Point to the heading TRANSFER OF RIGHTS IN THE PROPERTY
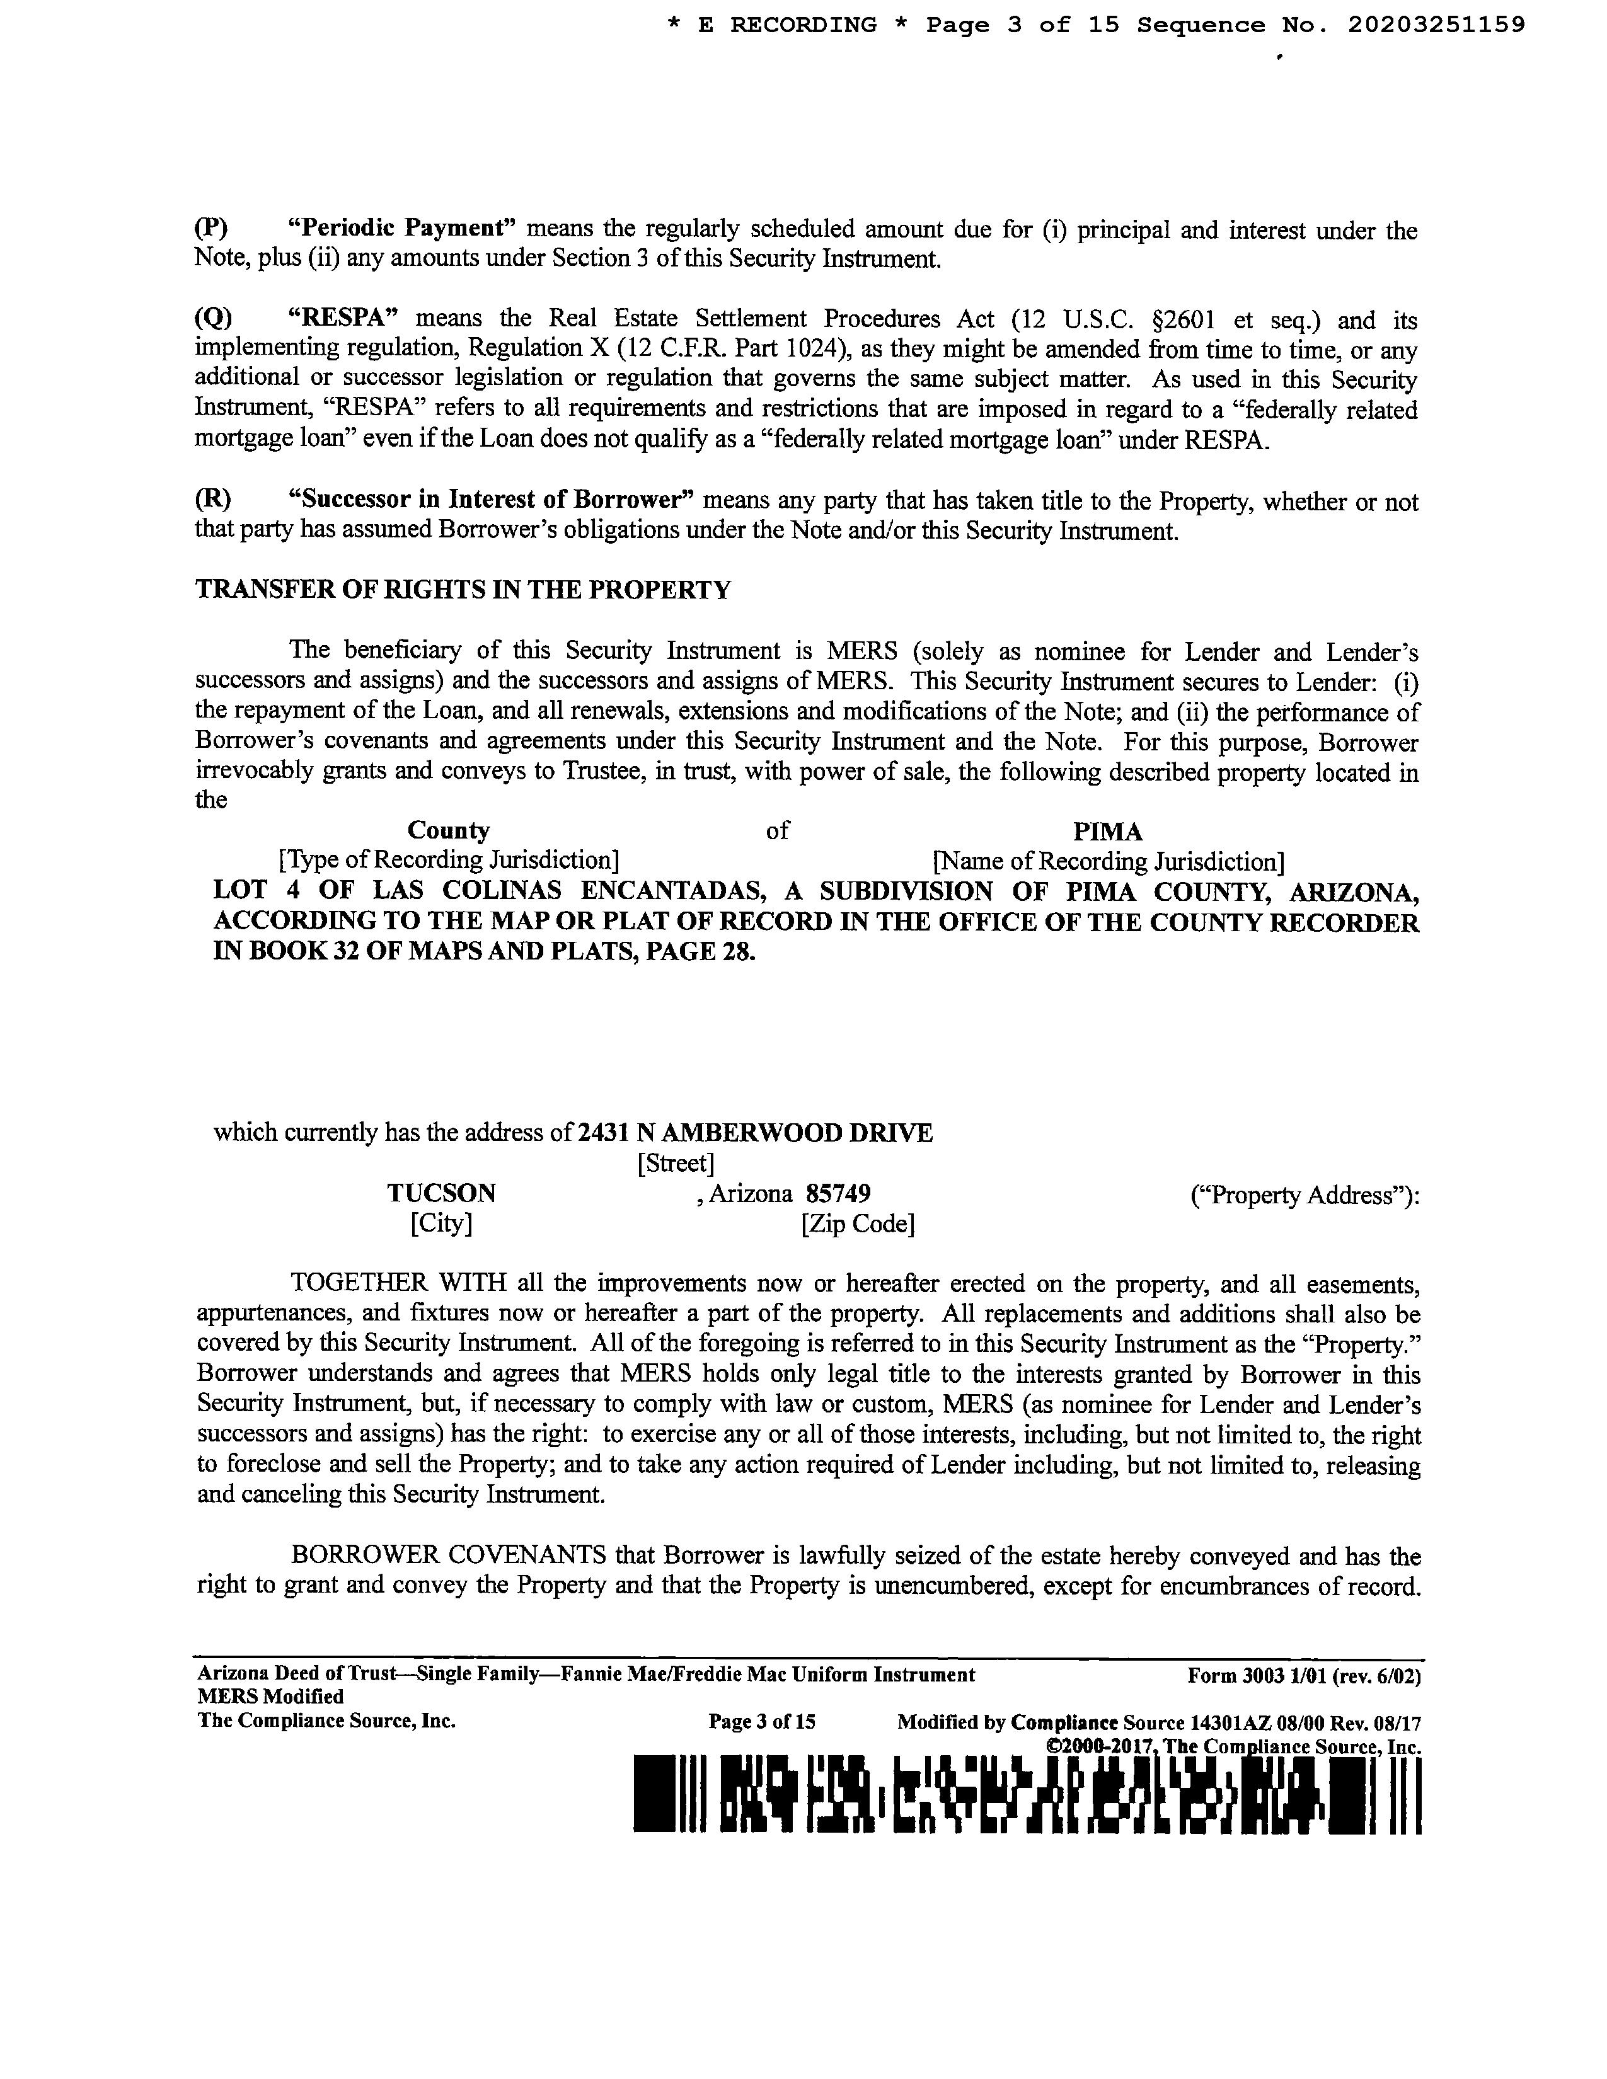[464, 590]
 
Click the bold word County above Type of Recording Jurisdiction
[449, 831]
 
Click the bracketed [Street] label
[675, 1163]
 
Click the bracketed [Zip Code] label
[858, 1224]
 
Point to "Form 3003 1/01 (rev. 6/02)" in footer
[1303, 1675]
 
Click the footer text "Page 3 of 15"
[762, 1722]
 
